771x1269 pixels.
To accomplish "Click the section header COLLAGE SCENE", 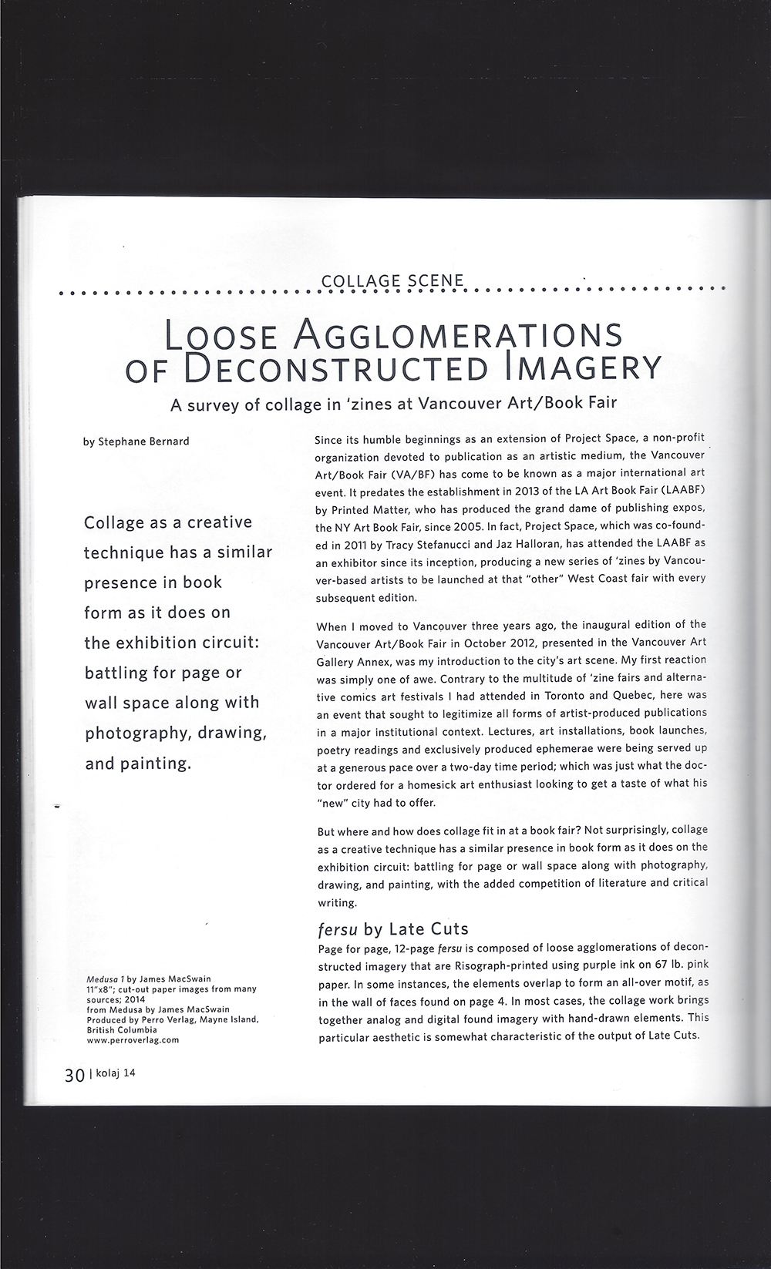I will point(392,281).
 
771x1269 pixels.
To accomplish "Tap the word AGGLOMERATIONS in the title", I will point(460,334).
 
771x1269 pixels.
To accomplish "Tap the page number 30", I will point(75,1075).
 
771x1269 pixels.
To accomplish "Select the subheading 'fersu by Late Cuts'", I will point(392,928).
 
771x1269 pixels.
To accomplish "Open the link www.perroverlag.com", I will point(133,1039).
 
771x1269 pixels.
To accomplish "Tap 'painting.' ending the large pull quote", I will point(157,764).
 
